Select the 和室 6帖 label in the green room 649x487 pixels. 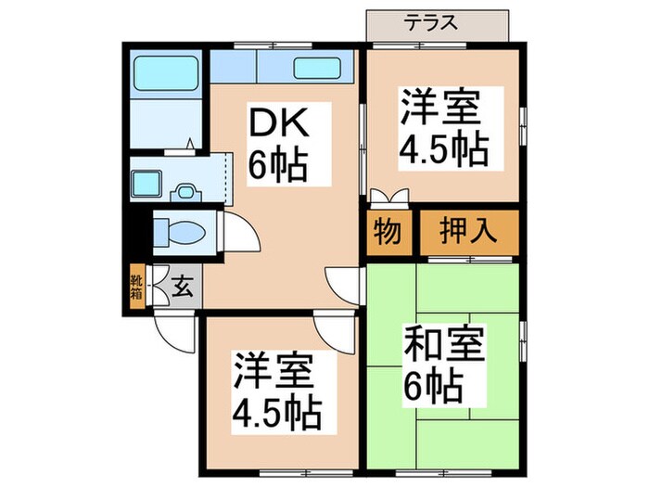(x=443, y=362)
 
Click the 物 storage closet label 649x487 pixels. (x=387, y=230)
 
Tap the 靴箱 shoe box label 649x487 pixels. (x=136, y=286)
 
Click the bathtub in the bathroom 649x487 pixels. (x=164, y=71)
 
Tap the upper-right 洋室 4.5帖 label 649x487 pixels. (x=443, y=126)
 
